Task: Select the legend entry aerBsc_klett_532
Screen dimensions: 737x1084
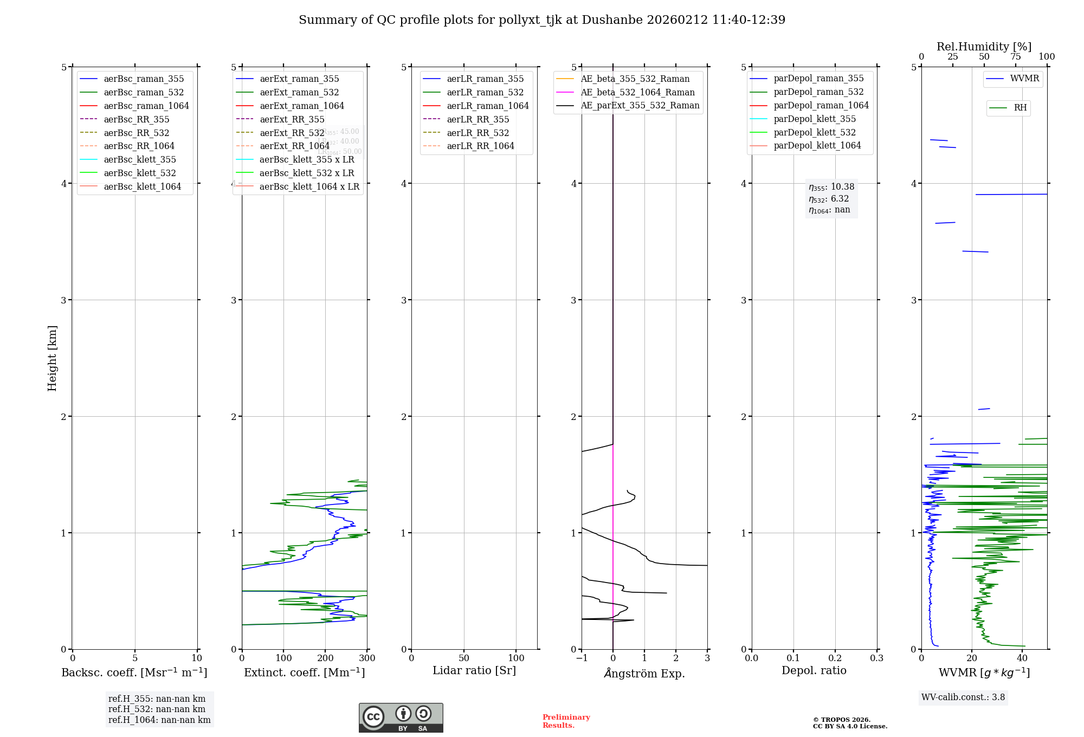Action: tap(140, 173)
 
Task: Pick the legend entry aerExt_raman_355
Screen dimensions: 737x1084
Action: tap(299, 79)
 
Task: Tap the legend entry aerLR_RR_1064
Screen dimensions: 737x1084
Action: tap(480, 146)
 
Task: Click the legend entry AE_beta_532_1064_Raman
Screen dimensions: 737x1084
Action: tap(637, 92)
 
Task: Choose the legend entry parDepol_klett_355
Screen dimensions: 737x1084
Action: tap(815, 119)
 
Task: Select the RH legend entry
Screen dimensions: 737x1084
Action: tap(1020, 108)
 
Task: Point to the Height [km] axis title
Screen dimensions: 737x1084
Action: tap(52, 358)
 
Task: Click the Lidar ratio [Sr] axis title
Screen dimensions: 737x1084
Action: tap(474, 670)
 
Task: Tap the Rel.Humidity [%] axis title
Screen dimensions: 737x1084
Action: tap(984, 47)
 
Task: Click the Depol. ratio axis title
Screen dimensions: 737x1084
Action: tap(814, 670)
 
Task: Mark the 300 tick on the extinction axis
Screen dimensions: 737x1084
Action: tap(367, 658)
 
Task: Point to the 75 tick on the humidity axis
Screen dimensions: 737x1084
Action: tap(1015, 57)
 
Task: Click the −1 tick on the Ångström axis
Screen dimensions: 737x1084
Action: tap(582, 658)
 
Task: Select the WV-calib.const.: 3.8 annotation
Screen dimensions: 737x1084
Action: tap(963, 697)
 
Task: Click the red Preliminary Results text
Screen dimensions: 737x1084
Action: tap(566, 721)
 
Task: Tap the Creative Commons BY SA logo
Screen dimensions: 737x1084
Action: tap(401, 718)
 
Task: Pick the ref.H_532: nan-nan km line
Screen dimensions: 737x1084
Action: tap(157, 709)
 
